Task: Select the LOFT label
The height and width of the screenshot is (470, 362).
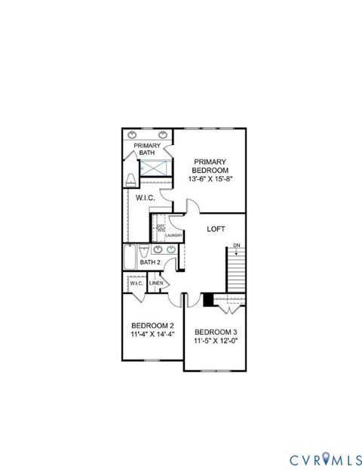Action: click(216, 228)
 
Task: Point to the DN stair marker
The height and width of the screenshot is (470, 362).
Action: click(237, 246)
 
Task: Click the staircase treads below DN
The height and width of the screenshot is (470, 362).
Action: click(237, 272)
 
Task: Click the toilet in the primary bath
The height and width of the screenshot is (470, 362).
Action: click(130, 180)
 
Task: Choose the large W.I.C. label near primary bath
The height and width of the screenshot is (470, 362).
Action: click(146, 198)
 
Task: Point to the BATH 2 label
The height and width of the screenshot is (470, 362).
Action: click(150, 262)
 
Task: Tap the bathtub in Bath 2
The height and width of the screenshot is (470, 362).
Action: click(130, 258)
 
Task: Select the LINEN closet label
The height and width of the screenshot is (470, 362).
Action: click(156, 283)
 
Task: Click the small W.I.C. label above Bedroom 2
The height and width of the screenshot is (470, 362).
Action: click(137, 283)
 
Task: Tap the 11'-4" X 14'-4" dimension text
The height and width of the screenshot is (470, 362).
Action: click(153, 333)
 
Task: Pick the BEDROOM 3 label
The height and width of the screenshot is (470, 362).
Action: click(216, 332)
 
